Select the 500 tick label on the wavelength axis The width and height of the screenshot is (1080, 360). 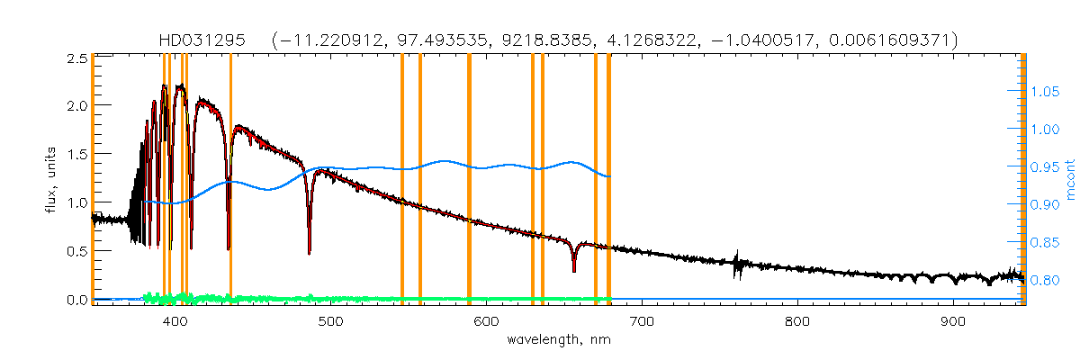330,321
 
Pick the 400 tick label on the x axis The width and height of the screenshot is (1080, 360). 175,321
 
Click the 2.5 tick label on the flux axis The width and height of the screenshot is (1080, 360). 77,58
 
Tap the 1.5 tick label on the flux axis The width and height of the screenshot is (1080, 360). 77,155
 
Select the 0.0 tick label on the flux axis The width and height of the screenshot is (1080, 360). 77,299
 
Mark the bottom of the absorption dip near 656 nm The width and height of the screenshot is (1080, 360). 573,270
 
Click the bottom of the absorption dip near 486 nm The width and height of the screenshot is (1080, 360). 309,253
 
